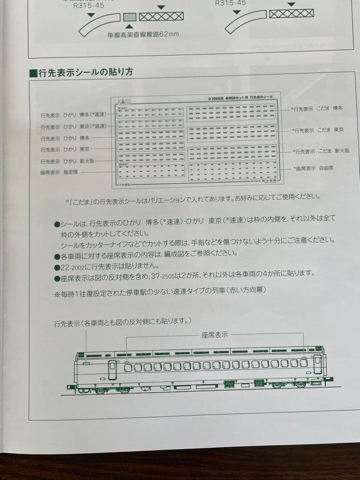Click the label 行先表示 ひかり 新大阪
coord(67,161)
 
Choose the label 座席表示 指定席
coord(59,172)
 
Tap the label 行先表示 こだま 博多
coord(317,108)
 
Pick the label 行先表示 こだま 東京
coord(318,130)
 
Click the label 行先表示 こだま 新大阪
coord(320,151)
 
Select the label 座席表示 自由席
coord(313,168)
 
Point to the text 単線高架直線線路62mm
coord(143,35)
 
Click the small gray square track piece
coord(129,17)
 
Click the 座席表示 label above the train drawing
coord(215,335)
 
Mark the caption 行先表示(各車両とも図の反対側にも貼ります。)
coord(123,322)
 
